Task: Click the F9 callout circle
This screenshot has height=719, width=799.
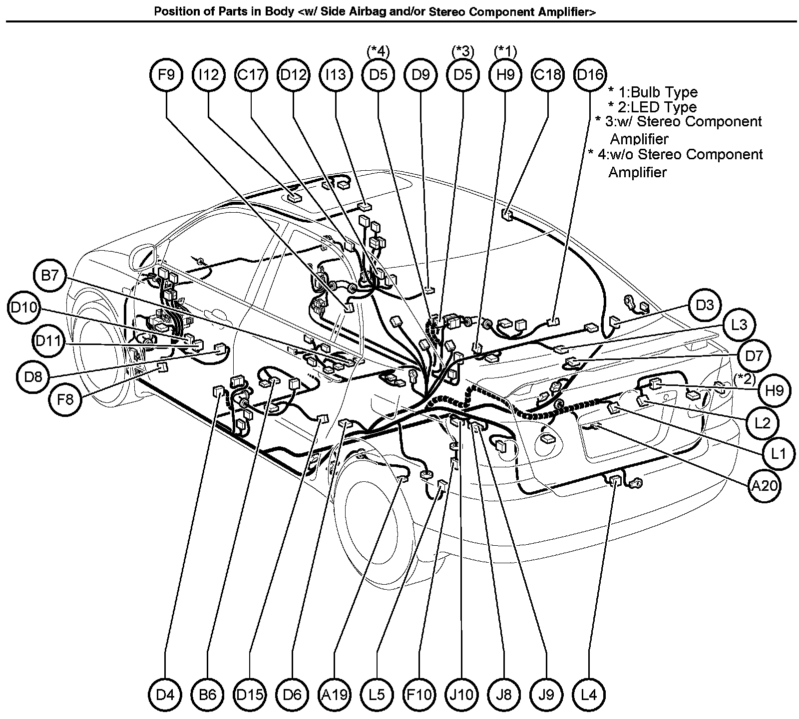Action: click(x=166, y=75)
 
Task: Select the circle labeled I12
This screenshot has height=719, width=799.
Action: click(x=208, y=75)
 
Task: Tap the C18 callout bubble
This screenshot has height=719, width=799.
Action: click(x=548, y=75)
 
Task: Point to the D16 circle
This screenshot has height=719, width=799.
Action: click(x=590, y=75)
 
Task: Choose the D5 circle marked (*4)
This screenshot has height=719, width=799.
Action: click(x=378, y=75)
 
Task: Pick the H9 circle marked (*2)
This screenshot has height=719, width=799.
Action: click(x=774, y=390)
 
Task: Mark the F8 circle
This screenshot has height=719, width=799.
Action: click(x=65, y=399)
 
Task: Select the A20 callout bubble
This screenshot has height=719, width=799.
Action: click(x=765, y=484)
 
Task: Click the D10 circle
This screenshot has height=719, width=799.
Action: click(x=24, y=308)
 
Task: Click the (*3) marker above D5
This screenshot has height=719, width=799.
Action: click(x=463, y=51)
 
